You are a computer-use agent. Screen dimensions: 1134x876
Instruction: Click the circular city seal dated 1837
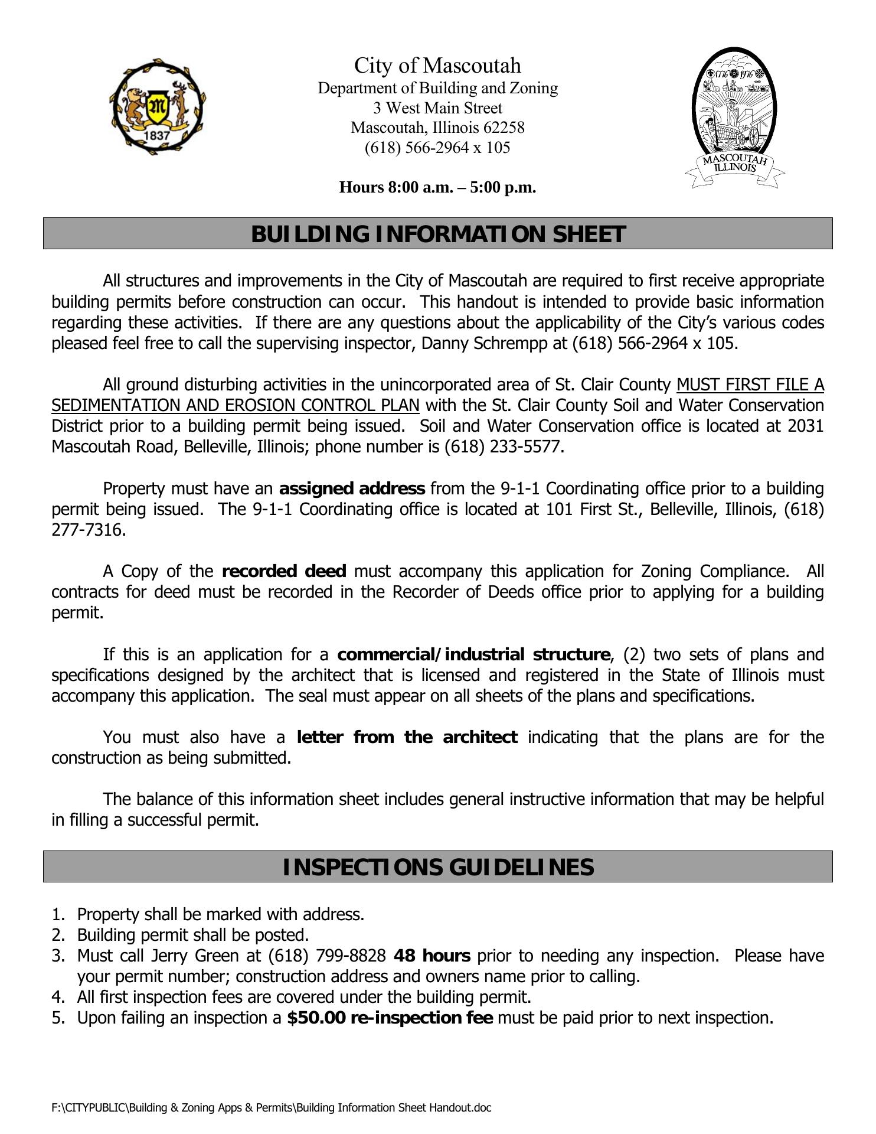coord(157,107)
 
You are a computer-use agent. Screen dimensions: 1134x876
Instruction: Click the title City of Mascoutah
coord(437,65)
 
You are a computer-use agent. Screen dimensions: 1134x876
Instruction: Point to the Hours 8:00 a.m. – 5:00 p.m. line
coord(437,187)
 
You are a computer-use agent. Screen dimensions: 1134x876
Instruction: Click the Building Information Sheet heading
coord(437,234)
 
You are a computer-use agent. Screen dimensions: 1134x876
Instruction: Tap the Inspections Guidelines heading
coord(437,867)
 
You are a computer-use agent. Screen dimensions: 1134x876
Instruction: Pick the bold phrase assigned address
coord(352,488)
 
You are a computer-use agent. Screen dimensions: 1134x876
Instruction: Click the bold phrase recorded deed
coord(284,571)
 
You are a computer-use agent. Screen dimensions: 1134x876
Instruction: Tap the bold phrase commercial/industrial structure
coord(473,654)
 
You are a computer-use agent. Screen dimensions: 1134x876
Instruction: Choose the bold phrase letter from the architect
coord(407,737)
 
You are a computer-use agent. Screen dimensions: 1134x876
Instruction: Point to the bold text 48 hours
coord(432,956)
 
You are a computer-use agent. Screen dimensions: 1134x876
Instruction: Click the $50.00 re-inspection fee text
coord(390,1018)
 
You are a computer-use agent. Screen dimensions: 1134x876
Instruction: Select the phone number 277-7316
coord(89,530)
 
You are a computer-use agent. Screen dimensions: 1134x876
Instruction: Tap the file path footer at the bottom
coord(271,1107)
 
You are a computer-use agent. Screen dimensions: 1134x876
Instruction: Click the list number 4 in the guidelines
coord(57,997)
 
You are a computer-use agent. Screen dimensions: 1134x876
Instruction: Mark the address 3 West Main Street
coord(437,108)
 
